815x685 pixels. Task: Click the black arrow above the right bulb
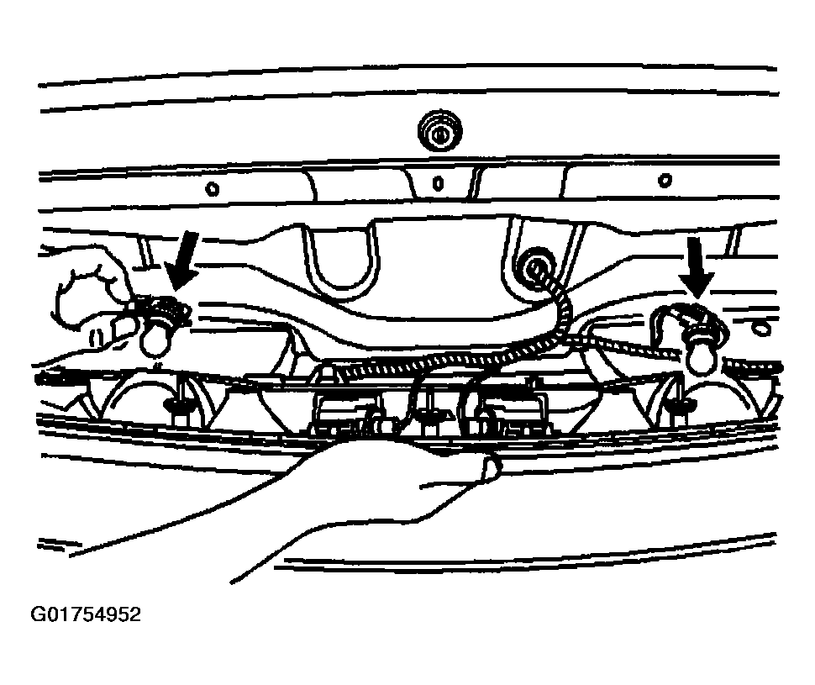point(697,266)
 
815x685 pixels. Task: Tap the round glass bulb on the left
point(155,339)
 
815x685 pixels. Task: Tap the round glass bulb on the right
point(702,356)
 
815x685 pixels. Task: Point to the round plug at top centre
point(439,130)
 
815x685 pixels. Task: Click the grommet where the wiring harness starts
point(534,268)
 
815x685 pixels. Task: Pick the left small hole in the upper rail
point(212,189)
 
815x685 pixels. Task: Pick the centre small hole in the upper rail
point(438,183)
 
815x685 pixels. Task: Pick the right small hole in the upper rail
point(665,181)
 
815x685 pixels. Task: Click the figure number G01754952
point(86,614)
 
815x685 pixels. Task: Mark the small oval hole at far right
point(761,328)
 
